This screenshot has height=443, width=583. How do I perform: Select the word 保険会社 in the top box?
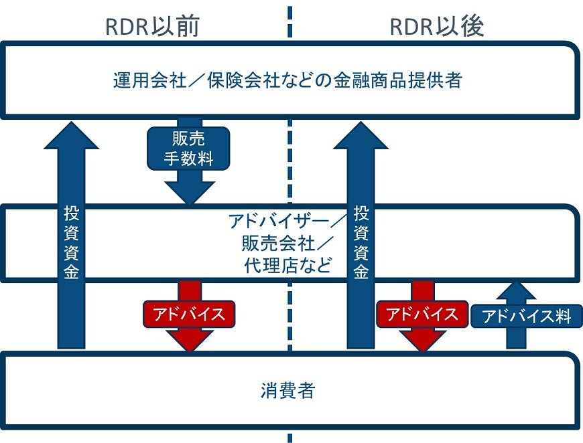224,81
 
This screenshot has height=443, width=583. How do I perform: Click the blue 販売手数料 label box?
188,148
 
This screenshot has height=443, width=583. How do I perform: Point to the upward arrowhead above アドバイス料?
515,291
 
